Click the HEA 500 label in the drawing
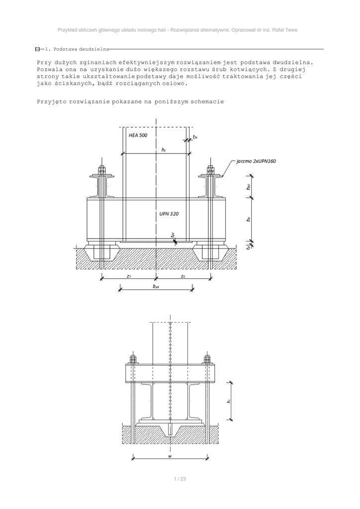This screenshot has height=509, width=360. [137, 135]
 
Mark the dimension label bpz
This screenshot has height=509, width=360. [156, 286]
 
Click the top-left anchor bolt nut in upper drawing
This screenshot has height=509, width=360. [102, 169]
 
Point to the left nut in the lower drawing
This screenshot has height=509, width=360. [133, 359]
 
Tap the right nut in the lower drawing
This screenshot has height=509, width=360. [207, 359]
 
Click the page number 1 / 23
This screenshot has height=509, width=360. [180, 479]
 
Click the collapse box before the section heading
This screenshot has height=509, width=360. [38, 49]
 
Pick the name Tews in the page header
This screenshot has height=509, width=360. [291, 30]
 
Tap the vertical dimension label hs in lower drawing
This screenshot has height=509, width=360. [228, 402]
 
